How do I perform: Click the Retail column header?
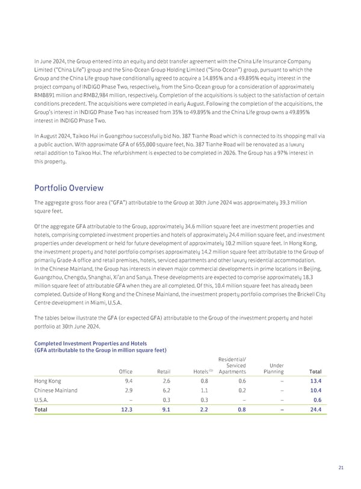[162, 372]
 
